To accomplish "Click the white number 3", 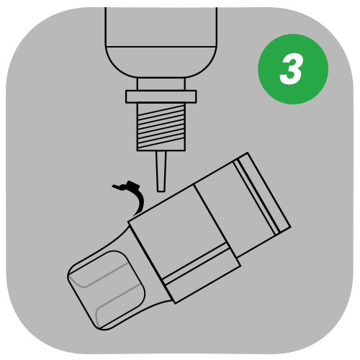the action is click(291, 69).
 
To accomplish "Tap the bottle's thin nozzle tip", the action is click(161, 171).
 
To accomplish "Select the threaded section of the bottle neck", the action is click(161, 127).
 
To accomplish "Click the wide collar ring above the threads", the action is click(161, 96).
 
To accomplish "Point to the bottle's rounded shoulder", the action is click(161, 62).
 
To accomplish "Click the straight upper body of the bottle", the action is click(161, 27).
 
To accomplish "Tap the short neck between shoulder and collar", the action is click(161, 84).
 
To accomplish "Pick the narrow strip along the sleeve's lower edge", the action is click(202, 274).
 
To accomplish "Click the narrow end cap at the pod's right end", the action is click(265, 192).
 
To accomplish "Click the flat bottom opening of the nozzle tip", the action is click(161, 192).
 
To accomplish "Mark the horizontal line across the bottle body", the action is click(161, 46).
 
